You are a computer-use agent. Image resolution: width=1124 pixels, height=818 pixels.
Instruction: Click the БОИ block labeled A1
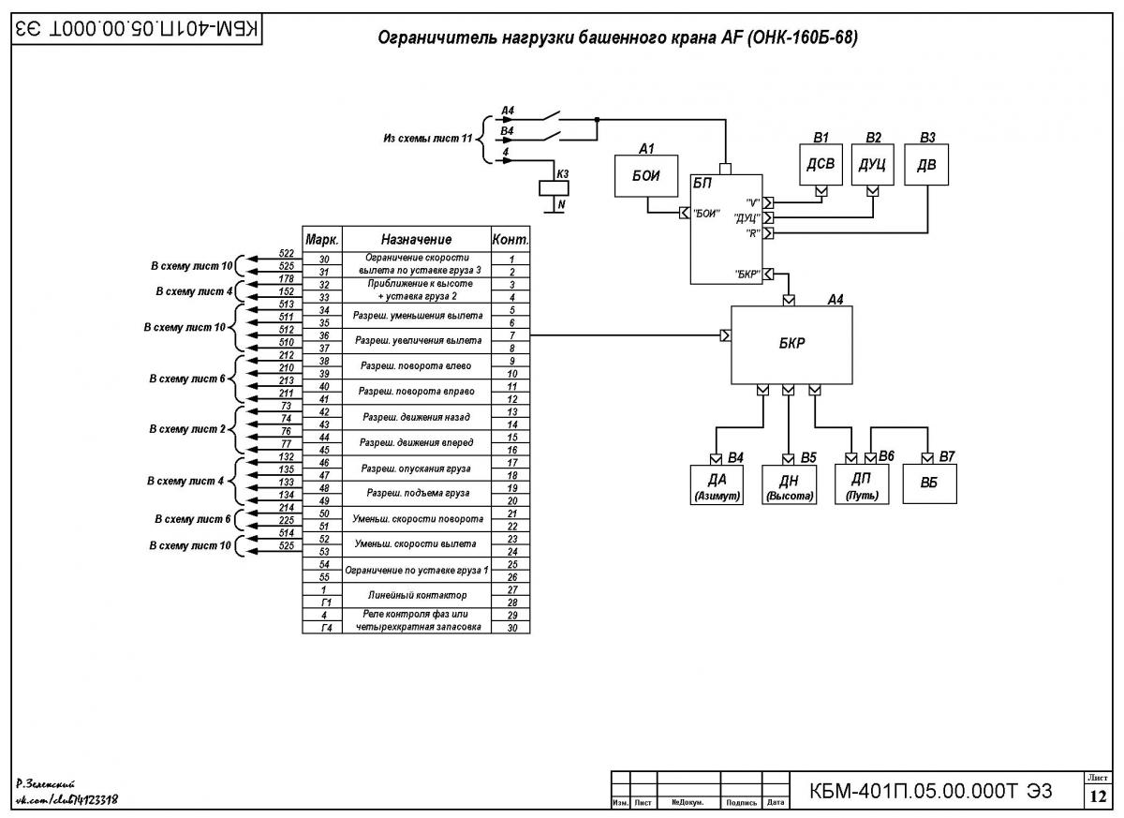[646, 175]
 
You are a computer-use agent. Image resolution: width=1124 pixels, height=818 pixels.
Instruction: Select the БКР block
[791, 345]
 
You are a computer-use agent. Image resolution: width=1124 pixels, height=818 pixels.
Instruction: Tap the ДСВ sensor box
[821, 165]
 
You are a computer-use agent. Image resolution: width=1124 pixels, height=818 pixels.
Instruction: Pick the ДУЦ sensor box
[873, 165]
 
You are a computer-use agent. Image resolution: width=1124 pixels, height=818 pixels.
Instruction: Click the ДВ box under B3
[926, 165]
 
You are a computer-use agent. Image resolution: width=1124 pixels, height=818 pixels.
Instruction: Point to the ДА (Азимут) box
[717, 484]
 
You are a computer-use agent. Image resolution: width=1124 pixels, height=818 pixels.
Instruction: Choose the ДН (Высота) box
[789, 484]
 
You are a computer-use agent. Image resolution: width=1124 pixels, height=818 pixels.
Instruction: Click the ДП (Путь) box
[862, 484]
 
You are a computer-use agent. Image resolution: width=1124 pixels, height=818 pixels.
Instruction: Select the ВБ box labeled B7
[929, 483]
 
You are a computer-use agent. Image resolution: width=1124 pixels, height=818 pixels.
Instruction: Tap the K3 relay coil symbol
[554, 188]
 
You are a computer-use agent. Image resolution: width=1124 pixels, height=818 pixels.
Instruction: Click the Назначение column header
[416, 239]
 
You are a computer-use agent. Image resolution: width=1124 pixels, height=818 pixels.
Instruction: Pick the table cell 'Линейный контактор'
[417, 595]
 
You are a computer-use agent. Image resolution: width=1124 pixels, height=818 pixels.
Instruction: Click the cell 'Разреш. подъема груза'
[417, 493]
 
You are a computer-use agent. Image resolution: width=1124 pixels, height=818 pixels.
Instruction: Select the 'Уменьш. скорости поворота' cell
[417, 519]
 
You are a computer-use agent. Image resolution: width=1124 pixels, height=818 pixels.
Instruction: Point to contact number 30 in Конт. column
[511, 628]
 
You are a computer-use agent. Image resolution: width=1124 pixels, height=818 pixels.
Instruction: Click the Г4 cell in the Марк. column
[326, 628]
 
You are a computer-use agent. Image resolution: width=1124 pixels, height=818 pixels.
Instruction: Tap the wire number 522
[286, 253]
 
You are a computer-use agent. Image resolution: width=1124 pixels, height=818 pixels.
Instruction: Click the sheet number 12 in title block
[1098, 796]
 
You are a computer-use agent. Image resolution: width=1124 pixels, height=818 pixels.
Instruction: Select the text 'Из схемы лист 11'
[427, 139]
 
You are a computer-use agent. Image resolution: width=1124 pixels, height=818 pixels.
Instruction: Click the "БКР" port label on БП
[747, 275]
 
